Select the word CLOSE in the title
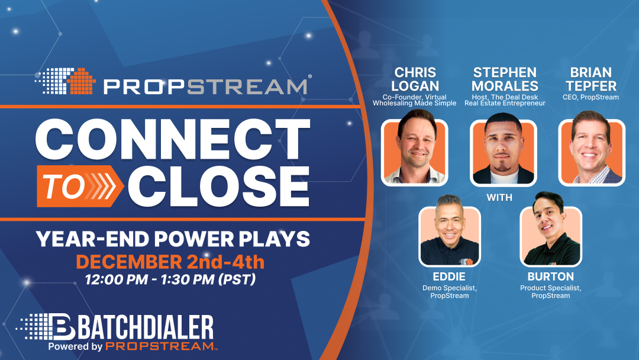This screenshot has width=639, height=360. click(219, 187)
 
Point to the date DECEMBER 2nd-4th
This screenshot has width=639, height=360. click(170, 261)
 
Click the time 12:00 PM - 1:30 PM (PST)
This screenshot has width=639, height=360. click(170, 279)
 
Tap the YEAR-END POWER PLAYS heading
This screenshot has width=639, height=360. click(172, 239)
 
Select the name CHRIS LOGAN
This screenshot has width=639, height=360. click(415, 79)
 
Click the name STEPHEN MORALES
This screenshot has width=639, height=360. click(505, 79)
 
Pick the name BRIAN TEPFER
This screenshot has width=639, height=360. click(590, 79)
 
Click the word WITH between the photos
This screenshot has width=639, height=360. click(499, 197)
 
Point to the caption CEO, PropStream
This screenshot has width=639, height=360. click(590, 97)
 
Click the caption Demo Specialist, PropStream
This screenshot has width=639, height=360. click(449, 291)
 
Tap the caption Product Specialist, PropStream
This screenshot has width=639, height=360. click(551, 291)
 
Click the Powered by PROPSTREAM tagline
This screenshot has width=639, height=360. click(130, 346)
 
